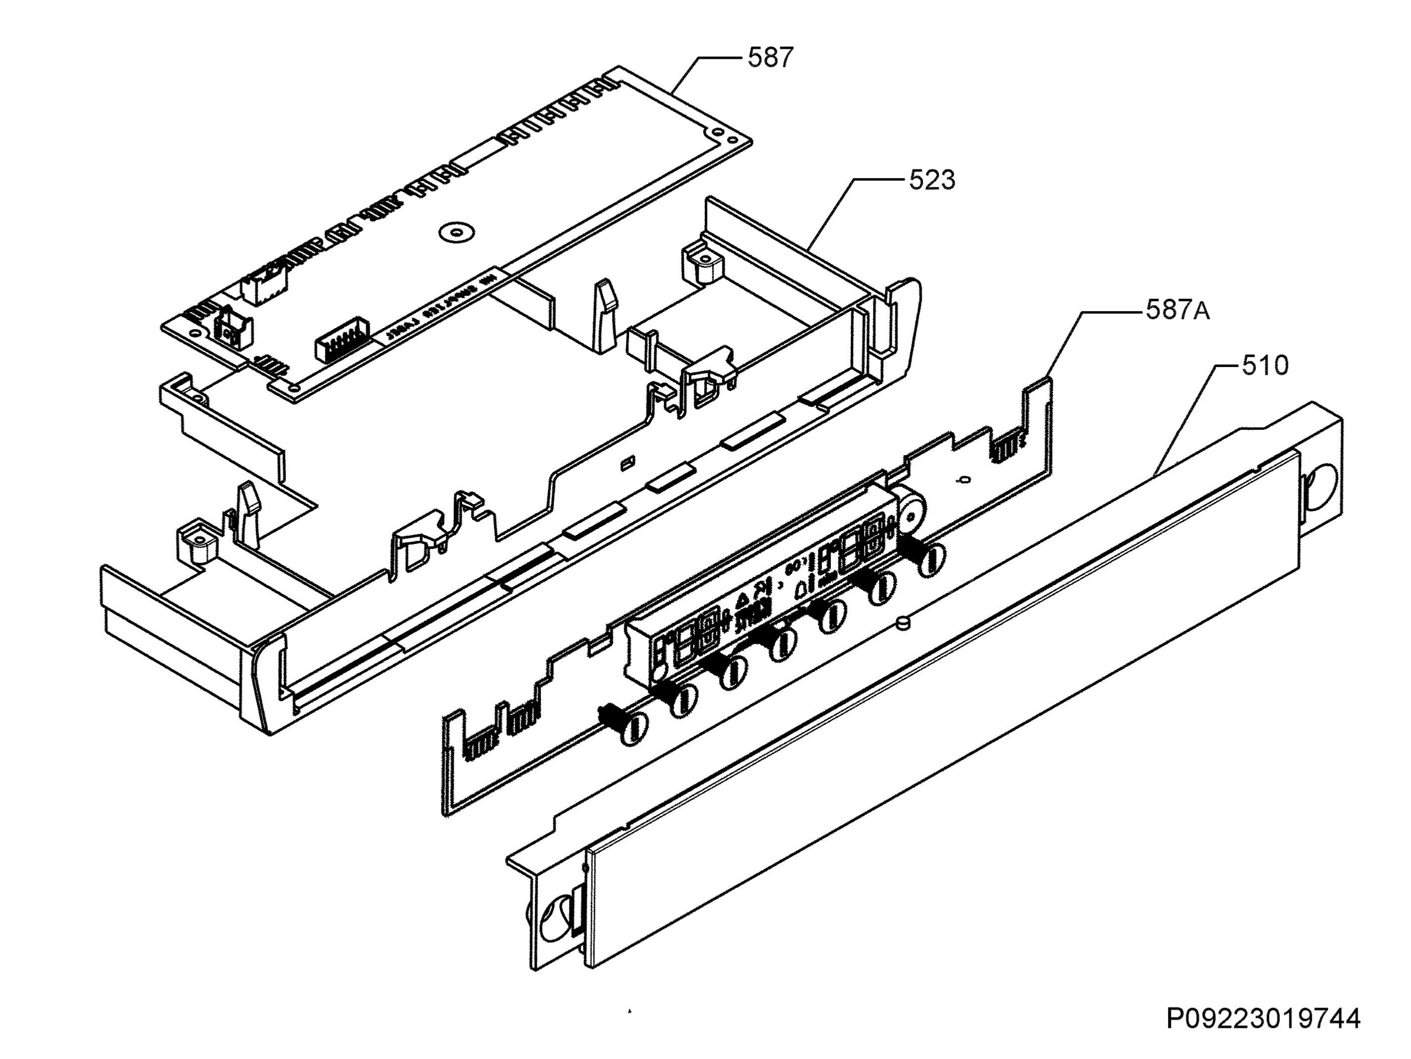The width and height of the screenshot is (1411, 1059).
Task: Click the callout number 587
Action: pyautogui.click(x=771, y=58)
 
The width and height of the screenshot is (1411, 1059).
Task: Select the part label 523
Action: pyautogui.click(x=932, y=181)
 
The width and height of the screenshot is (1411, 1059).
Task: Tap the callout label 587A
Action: pyautogui.click(x=1178, y=310)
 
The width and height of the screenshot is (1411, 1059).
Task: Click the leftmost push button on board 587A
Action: pyautogui.click(x=636, y=727)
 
